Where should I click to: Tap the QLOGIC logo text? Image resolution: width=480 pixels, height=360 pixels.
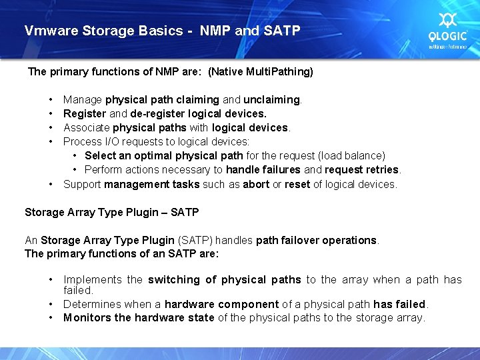pos(448,37)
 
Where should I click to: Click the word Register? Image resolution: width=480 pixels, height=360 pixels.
pos(84,113)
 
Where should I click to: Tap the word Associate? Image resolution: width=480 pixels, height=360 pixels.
pos(87,127)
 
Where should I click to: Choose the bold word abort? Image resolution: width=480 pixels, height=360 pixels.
pos(256,184)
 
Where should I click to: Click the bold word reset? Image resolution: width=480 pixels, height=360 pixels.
pos(297,184)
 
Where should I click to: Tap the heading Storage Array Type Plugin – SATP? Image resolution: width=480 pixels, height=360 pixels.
pos(111,212)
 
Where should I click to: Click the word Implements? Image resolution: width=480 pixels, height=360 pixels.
pos(93,279)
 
